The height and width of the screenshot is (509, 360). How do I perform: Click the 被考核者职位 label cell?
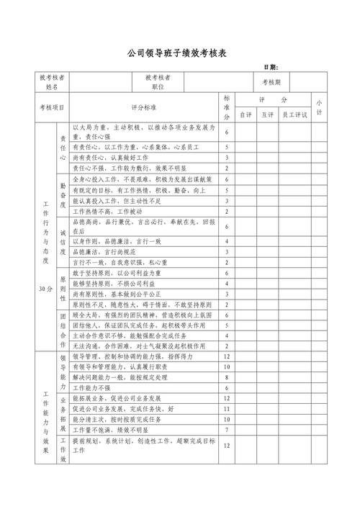tap(158, 82)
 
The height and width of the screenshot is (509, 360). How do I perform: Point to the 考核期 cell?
tap(276, 82)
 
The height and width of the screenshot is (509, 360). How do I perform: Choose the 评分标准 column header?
tap(143, 107)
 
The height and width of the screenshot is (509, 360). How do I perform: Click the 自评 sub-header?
tap(246, 114)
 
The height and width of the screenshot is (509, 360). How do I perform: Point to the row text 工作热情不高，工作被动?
tap(107, 212)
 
